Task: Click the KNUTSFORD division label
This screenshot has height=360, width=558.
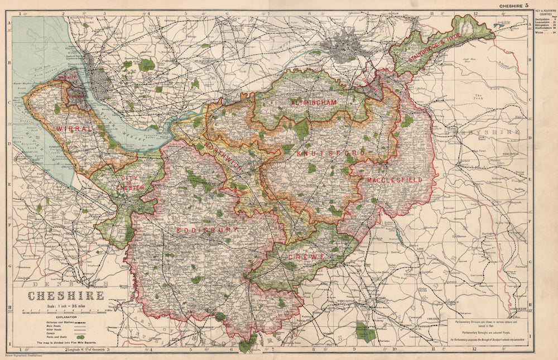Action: point(331,152)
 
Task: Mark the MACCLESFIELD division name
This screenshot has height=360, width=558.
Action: point(394,180)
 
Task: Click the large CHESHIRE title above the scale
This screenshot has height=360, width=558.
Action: point(65,295)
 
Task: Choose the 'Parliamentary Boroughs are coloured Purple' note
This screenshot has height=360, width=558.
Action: point(483,330)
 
